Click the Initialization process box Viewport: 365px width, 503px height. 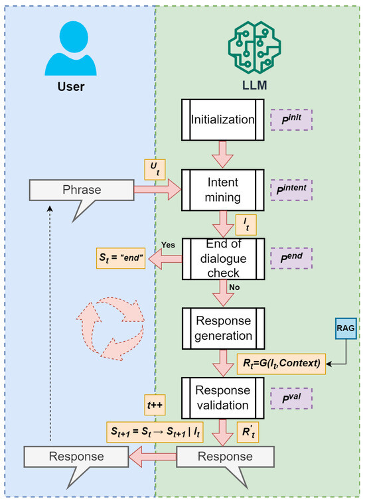tap(224, 120)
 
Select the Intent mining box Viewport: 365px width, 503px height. tap(224, 188)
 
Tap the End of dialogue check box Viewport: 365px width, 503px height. tap(224, 259)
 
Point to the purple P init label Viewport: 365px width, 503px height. tap(292, 119)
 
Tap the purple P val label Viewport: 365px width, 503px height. tap(292, 399)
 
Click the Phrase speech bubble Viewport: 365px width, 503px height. tap(76, 191)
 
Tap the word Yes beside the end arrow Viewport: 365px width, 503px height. tap(168, 244)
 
